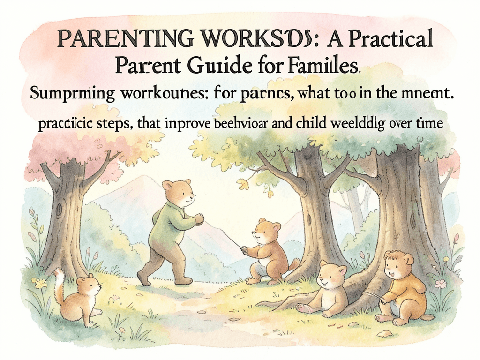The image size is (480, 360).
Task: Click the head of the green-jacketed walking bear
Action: (180, 193)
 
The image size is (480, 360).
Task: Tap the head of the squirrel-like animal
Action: (89, 285)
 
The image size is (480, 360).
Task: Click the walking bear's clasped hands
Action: (200, 218)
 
